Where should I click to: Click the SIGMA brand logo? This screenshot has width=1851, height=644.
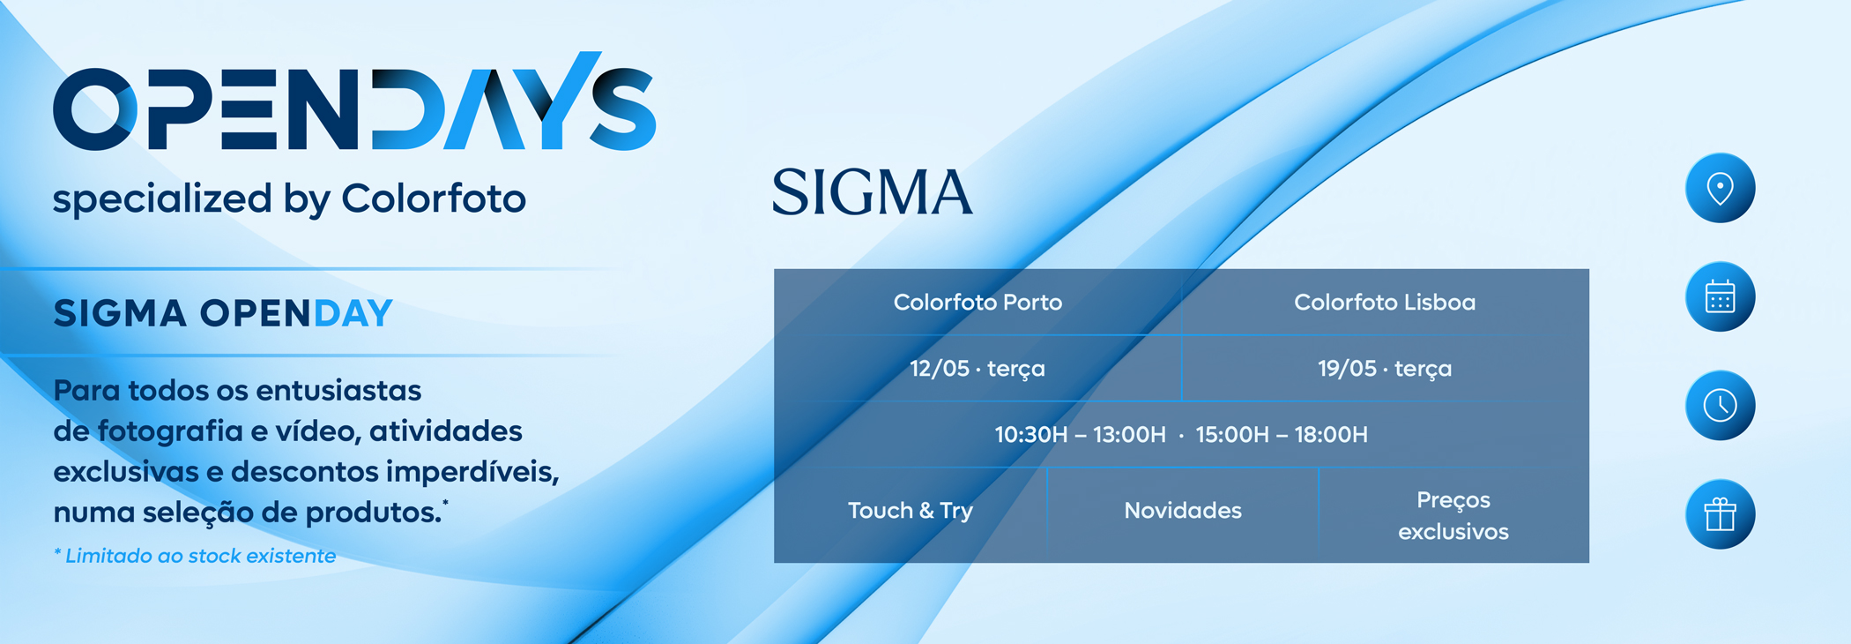click(873, 192)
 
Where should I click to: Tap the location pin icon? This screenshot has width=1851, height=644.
click(1720, 188)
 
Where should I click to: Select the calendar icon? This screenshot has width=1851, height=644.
click(1720, 296)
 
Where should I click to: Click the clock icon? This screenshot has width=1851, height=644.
click(1720, 405)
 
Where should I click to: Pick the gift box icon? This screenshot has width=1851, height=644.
click(1720, 514)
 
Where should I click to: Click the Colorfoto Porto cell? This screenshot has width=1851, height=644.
click(978, 303)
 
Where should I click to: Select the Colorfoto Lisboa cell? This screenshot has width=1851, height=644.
click(1385, 303)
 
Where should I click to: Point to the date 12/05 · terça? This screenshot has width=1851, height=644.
click(978, 369)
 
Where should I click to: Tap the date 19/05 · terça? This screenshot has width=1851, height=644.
click(1385, 369)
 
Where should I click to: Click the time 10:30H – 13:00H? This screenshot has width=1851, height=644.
click(1081, 435)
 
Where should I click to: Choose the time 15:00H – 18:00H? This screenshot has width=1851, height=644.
click(1282, 435)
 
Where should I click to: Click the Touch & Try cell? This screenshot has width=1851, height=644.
click(911, 511)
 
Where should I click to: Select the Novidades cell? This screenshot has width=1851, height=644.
click(1183, 511)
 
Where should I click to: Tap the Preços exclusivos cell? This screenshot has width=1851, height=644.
click(1453, 515)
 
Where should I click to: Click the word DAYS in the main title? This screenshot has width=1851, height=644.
click(514, 101)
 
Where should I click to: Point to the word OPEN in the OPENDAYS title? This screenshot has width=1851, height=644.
click(207, 109)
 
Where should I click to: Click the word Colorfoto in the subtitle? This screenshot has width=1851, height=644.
click(434, 198)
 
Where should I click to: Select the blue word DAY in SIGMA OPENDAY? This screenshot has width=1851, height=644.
click(353, 313)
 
